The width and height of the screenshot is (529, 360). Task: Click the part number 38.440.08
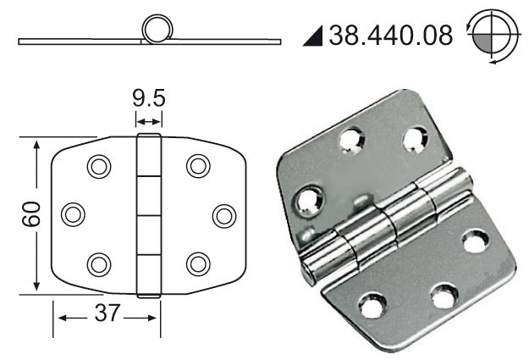tap(391, 36)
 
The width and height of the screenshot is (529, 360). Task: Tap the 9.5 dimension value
tap(148, 98)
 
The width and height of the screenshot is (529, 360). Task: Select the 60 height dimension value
tap(31, 213)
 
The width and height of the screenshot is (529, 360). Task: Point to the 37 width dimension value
tap(107, 313)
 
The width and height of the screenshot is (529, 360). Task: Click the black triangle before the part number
tap(313, 36)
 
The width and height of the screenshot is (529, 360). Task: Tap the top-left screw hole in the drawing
tap(99, 166)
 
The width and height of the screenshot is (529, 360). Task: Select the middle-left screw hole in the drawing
tap(73, 214)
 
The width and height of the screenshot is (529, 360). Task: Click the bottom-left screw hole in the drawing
tap(99, 264)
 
